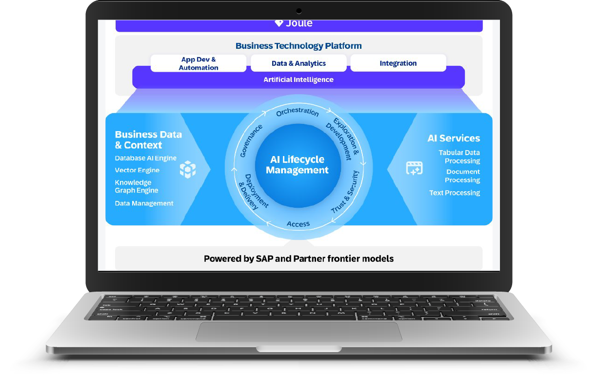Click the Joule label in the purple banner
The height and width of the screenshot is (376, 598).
(x=294, y=23)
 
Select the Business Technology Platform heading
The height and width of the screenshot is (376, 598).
(x=299, y=46)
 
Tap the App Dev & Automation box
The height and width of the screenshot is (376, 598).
(x=198, y=63)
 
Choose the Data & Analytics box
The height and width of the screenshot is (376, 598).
(x=299, y=63)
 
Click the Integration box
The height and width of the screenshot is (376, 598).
(x=398, y=63)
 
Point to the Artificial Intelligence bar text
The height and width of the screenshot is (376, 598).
(x=299, y=79)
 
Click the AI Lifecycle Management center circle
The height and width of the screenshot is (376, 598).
(x=297, y=165)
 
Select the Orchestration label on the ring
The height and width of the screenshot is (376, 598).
(x=297, y=112)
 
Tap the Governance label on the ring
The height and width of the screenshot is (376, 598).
(x=251, y=140)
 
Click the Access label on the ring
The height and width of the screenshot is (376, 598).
(x=298, y=224)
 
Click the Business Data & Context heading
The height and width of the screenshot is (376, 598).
(x=148, y=139)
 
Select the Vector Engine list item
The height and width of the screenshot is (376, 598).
(x=137, y=170)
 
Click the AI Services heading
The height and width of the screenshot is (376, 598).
(x=454, y=138)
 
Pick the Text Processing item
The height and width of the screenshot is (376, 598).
(x=454, y=193)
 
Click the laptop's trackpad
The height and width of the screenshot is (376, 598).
(x=299, y=331)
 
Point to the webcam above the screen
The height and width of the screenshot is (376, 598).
(x=299, y=11)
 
